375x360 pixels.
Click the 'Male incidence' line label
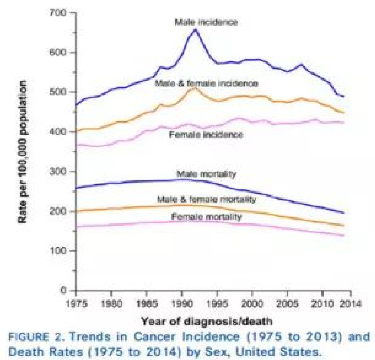[206, 22]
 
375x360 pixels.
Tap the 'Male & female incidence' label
[206, 83]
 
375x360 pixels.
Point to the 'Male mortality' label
[207, 174]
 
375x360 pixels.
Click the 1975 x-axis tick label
[76, 302]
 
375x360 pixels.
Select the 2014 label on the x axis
[342, 302]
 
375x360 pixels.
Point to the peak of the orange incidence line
[194, 88]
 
